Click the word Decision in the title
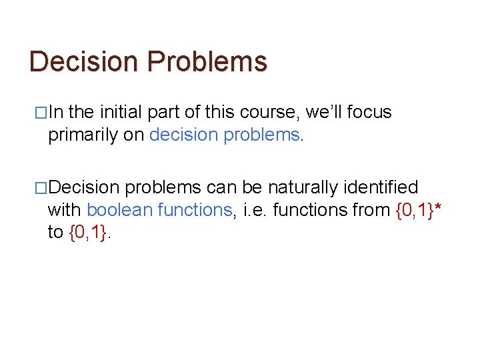[85, 61]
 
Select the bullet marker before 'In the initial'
[39, 113]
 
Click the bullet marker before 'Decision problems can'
[39, 188]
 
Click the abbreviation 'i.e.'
[255, 210]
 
